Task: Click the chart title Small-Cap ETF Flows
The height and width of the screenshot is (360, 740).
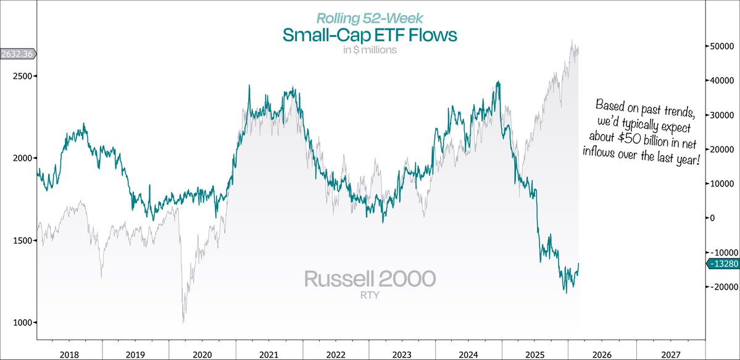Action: pyautogui.click(x=370, y=35)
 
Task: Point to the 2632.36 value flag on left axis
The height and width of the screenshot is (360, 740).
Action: pyautogui.click(x=17, y=54)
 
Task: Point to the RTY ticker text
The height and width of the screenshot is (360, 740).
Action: pyautogui.click(x=370, y=295)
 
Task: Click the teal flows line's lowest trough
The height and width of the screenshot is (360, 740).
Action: pyautogui.click(x=566, y=293)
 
